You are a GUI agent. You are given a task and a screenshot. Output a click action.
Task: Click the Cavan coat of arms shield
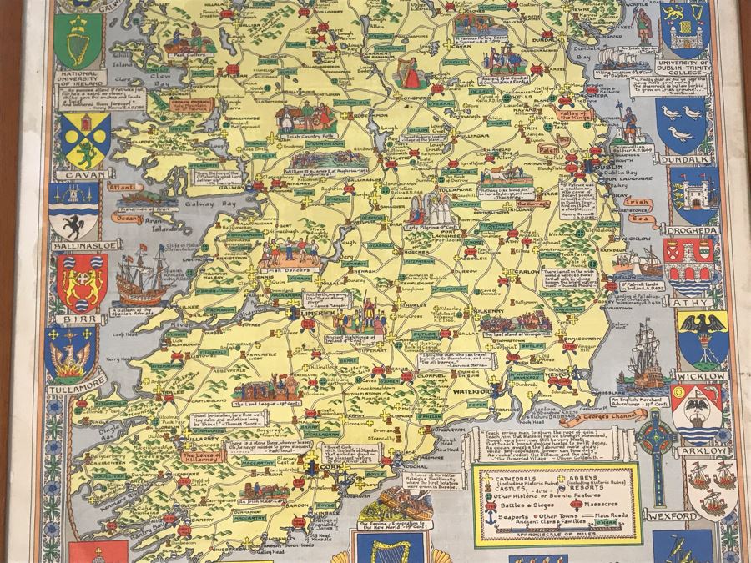click(x=84, y=139)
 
